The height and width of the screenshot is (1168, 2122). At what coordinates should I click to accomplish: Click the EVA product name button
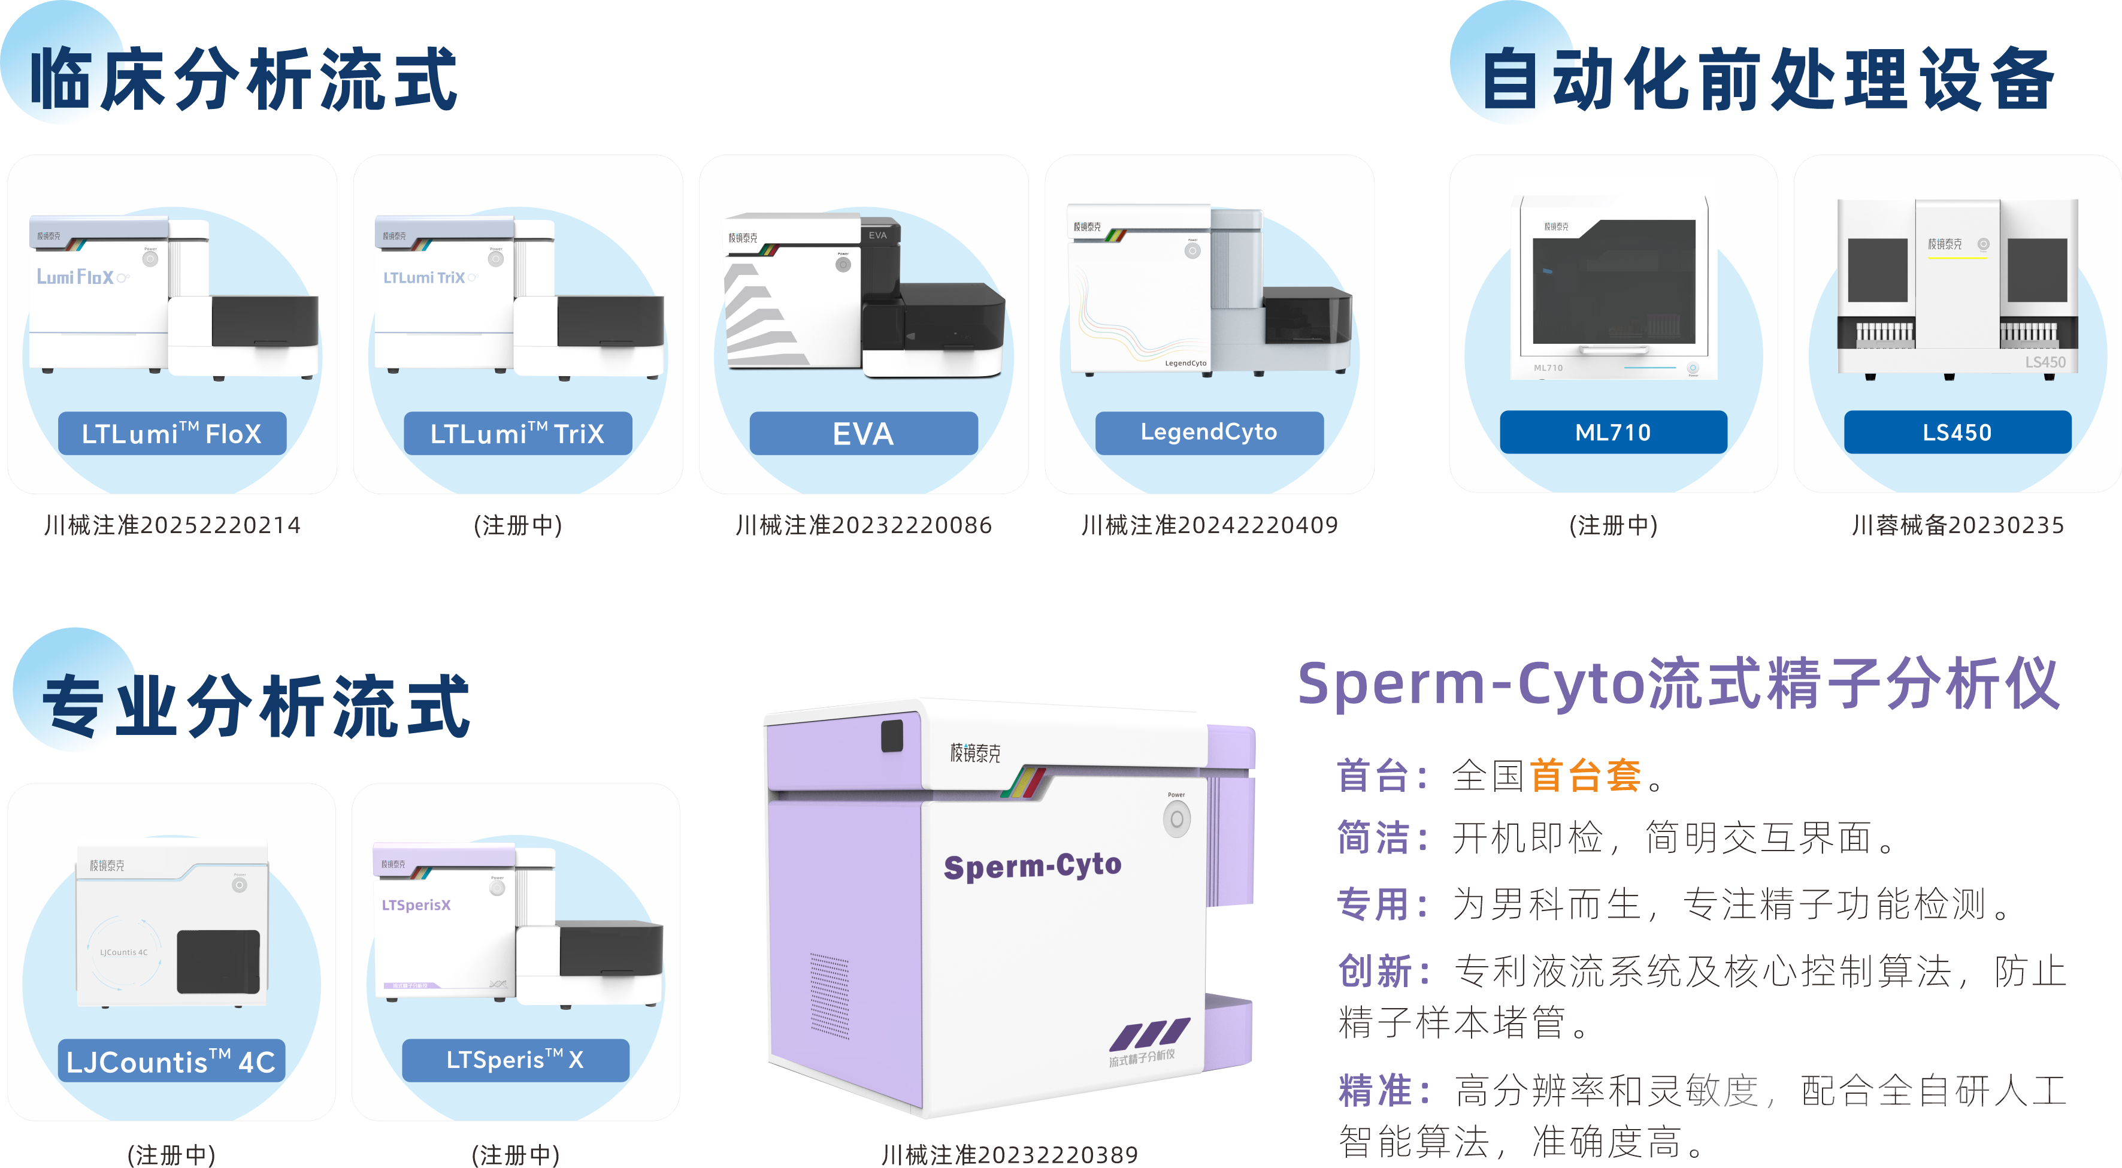[863, 433]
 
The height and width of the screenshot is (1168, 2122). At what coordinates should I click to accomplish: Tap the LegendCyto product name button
[1209, 432]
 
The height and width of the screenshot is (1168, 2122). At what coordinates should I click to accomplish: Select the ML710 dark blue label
[1613, 432]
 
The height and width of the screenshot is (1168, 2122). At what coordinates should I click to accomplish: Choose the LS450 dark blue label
[1957, 432]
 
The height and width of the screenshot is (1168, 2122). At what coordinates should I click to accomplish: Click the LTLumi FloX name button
[171, 433]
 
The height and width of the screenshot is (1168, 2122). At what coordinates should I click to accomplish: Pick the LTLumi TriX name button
[517, 433]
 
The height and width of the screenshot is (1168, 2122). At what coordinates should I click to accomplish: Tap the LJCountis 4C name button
[171, 1061]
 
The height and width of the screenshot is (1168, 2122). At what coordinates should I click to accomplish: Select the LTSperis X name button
[515, 1060]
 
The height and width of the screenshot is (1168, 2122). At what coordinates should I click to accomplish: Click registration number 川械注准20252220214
[172, 525]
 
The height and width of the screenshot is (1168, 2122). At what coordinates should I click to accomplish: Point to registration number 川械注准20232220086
[863, 525]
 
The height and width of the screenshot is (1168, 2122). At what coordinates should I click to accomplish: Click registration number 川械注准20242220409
[1209, 525]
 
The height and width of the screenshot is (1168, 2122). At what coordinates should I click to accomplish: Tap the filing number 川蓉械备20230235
[1957, 525]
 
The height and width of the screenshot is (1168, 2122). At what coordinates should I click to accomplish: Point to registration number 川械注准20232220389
[1009, 1154]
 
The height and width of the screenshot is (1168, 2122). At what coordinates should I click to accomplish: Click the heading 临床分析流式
[244, 79]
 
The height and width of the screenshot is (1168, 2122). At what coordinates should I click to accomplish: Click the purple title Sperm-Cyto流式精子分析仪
[1678, 683]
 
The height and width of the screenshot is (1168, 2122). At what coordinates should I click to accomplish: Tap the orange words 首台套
[1585, 776]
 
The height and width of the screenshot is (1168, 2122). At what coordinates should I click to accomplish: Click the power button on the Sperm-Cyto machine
[1176, 819]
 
